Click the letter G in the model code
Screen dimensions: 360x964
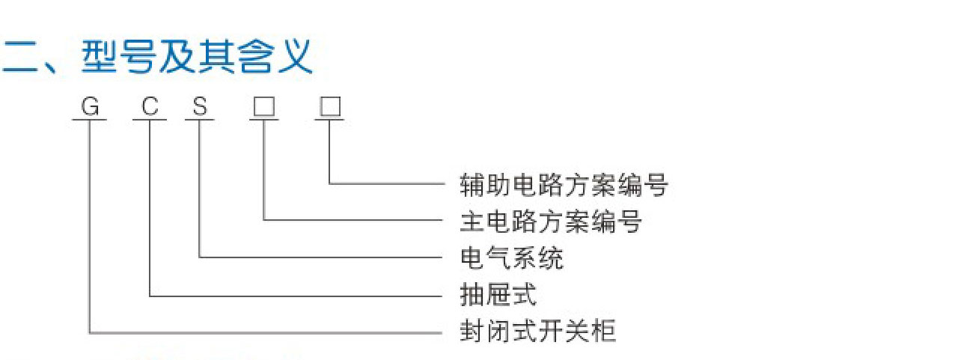(90, 108)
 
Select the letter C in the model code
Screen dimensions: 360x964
(150, 108)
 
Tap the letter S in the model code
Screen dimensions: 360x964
(199, 108)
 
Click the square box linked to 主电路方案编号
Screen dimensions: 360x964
(263, 108)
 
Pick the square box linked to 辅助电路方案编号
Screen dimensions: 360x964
(329, 108)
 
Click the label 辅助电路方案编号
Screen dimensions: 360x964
(563, 185)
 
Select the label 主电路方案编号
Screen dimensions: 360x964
(550, 222)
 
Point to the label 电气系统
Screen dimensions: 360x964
(512, 258)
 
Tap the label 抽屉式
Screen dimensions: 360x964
(498, 295)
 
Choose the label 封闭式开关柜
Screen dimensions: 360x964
(537, 331)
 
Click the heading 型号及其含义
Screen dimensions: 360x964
(196, 58)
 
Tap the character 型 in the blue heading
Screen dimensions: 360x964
(99, 58)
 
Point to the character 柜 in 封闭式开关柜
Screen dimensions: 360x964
(603, 331)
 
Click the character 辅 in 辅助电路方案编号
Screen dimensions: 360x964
(472, 185)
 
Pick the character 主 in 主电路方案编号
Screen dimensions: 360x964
(472, 222)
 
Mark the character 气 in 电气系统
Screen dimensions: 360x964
(498, 258)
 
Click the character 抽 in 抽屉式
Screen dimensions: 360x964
(472, 295)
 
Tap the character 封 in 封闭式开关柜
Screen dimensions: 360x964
(472, 331)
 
